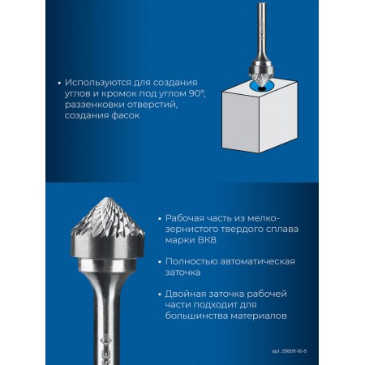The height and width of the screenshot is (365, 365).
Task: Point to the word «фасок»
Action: (125, 115)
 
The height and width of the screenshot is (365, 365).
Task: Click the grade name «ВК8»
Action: (207, 240)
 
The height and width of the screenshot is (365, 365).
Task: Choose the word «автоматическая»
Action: (257, 262)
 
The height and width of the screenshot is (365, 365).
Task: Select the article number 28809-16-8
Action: (294, 351)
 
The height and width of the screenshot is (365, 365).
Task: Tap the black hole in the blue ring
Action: (261, 89)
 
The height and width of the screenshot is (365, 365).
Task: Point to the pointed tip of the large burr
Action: (108, 198)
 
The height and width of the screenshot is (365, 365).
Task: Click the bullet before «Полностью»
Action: (160, 262)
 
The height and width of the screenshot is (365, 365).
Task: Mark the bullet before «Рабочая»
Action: (160, 218)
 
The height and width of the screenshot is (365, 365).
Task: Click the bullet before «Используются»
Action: (59, 83)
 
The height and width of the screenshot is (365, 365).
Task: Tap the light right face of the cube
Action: (278, 116)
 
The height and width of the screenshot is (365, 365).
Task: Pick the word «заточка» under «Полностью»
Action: (182, 273)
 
